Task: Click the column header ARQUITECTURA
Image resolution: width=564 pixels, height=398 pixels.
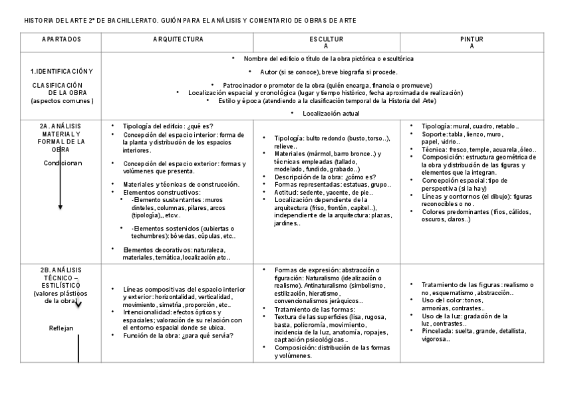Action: point(178,40)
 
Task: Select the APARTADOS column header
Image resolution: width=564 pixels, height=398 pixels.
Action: point(61,40)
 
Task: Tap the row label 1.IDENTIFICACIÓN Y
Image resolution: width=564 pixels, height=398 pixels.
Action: point(62,71)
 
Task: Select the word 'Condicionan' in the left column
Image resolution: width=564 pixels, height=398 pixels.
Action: point(64,163)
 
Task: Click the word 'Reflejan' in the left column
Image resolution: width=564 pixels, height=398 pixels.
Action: point(61,328)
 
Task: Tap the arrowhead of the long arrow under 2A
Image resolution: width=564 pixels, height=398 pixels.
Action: point(61,207)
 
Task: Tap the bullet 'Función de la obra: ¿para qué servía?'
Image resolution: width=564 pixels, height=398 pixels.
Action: point(178,336)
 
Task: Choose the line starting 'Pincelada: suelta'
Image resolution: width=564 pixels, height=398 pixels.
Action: point(472,330)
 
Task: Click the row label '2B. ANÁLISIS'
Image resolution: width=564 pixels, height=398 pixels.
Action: point(61,270)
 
